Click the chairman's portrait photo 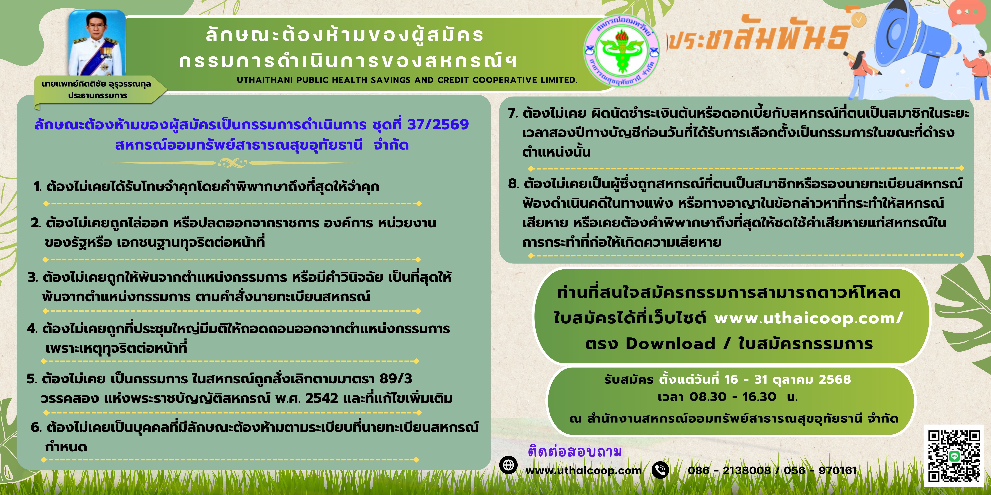coord(97,43)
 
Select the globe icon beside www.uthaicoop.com coord(508,465)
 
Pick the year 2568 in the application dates coord(835,379)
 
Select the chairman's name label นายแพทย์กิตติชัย coord(74,84)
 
